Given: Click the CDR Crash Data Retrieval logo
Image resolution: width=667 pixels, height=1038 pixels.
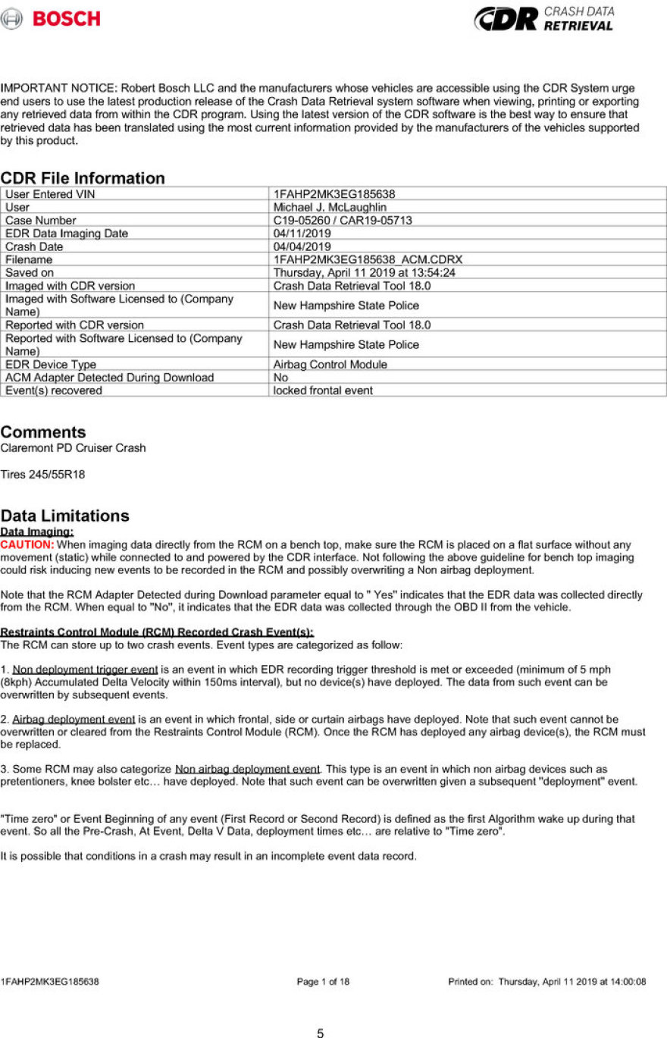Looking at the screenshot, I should click(x=543, y=18).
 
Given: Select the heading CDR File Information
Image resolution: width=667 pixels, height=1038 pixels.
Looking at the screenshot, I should click(x=83, y=178).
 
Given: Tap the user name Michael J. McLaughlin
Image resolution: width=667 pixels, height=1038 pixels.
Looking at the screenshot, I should click(x=330, y=207).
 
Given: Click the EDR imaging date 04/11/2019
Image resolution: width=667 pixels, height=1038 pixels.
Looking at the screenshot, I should click(x=302, y=234).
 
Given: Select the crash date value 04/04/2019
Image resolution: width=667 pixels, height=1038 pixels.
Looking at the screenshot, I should click(x=302, y=246).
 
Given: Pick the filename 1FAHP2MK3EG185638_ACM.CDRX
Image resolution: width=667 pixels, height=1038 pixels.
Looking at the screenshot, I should click(x=368, y=259).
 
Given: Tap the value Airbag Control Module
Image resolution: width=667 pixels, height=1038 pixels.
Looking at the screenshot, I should click(x=330, y=365).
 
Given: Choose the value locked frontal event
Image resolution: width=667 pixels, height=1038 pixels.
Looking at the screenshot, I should click(x=323, y=390).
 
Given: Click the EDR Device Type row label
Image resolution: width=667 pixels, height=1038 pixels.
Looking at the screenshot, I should click(x=51, y=365).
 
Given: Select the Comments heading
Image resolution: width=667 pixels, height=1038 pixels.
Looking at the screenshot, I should click(x=43, y=432).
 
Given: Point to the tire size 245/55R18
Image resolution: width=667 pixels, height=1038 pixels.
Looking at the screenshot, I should click(x=41, y=474).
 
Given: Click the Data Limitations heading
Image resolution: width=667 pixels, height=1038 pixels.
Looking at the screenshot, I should click(x=65, y=516).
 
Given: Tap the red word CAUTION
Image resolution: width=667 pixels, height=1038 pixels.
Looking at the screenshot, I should click(x=27, y=544).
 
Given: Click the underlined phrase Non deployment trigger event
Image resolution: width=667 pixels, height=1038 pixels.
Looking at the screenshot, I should click(x=85, y=670).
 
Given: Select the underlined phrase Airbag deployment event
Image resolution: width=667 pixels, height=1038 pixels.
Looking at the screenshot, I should click(x=74, y=719).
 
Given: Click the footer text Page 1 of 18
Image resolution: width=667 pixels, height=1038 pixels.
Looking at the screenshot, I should click(x=324, y=982).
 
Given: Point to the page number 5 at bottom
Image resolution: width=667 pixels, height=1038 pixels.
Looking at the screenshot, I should click(x=321, y=1033).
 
